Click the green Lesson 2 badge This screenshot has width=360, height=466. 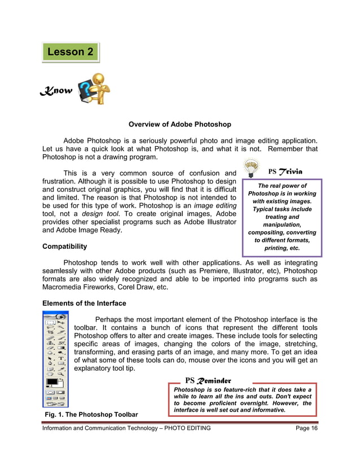71,52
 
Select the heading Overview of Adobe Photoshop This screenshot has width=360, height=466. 179,124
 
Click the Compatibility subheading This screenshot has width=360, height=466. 65,247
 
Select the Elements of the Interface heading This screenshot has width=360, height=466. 84,303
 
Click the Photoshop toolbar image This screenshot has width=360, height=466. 55,359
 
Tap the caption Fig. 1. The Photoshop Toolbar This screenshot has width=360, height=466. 91,415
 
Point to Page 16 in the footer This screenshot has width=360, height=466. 306,428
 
